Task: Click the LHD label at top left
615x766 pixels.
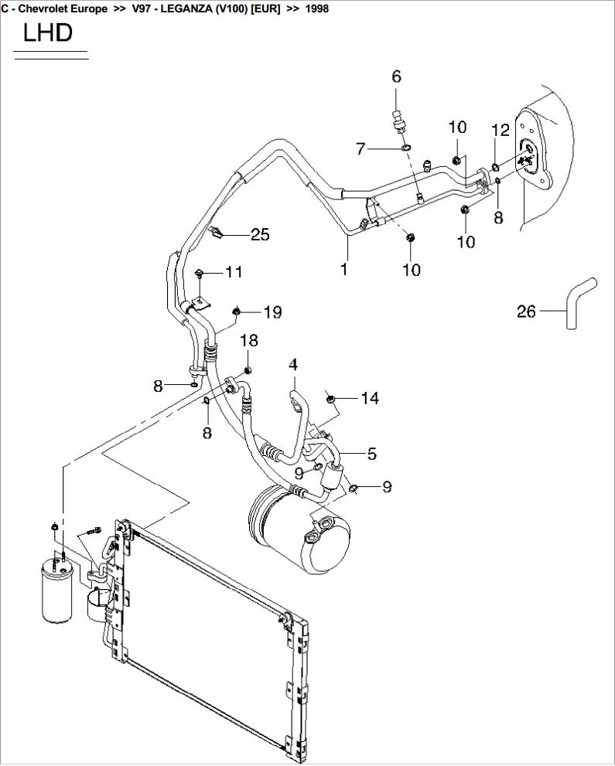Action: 48,32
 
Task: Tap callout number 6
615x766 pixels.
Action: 397,76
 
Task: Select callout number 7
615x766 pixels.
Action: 360,148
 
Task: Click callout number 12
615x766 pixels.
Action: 501,130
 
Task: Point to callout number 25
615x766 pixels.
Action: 260,234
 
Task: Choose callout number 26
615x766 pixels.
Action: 526,312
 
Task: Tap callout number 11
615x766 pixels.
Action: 234,272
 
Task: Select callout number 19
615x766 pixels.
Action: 272,312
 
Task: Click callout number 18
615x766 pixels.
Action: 248,341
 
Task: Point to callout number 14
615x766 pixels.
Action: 370,398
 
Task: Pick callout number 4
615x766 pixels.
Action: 293,363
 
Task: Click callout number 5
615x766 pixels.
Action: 371,454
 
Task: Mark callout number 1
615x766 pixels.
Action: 344,270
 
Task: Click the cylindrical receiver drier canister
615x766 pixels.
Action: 56,591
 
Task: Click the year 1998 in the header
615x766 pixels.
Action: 317,9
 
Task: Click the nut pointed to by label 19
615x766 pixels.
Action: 237,312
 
